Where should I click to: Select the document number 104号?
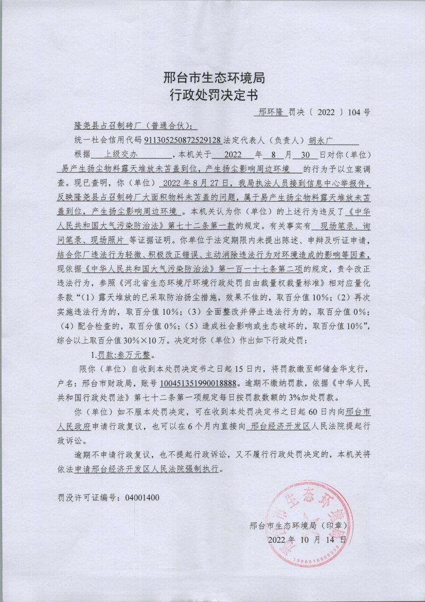pos(359,111)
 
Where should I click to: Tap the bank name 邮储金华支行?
pos(338,369)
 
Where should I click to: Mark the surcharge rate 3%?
pos(320,398)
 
